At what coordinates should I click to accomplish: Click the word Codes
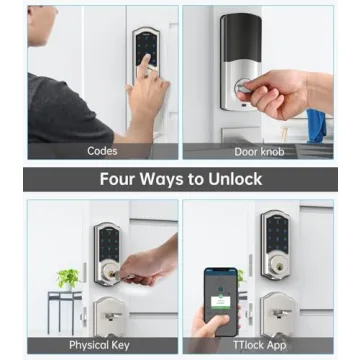(102, 151)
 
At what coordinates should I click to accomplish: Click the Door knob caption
(258, 151)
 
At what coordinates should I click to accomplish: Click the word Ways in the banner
(170, 180)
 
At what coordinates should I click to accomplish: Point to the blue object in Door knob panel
(316, 125)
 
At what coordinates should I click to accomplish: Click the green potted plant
(68, 277)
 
